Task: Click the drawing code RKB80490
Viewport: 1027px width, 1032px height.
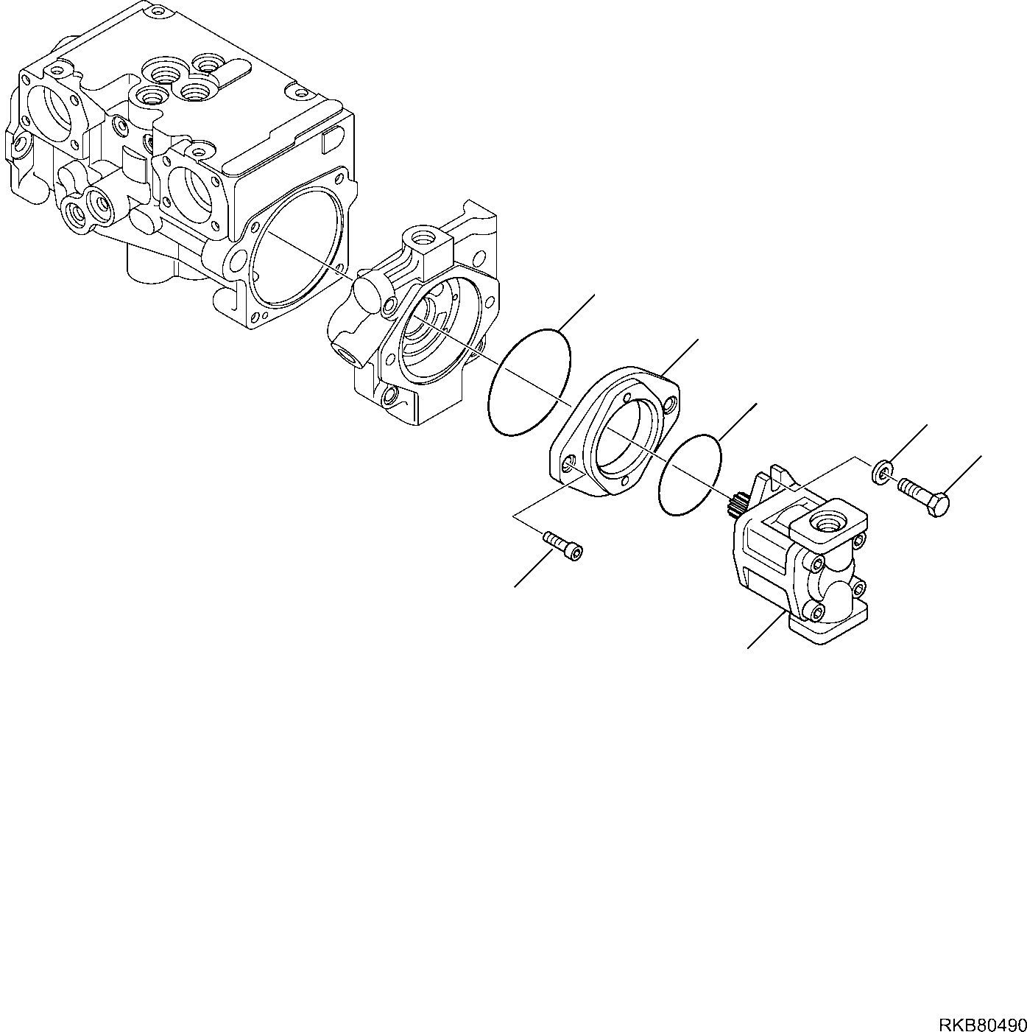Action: pos(981,1004)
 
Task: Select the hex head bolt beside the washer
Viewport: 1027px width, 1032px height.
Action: pos(925,496)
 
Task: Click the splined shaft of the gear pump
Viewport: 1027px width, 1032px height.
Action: pos(738,508)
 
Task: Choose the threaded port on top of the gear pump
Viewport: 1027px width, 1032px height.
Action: pos(823,524)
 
